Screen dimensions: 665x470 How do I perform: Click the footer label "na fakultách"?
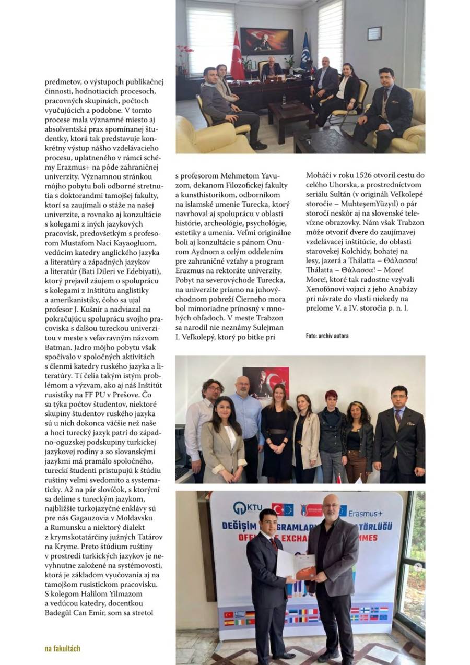62,648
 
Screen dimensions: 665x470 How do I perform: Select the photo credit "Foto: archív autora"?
327,335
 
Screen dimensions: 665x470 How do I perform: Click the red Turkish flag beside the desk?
237,57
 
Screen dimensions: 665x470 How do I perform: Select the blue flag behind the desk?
305,52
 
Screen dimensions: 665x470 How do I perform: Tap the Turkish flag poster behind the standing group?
266,382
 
